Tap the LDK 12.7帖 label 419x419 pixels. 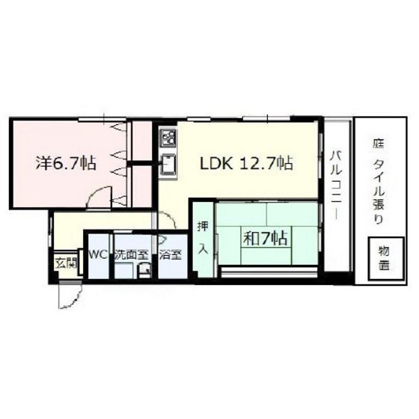pos(244,163)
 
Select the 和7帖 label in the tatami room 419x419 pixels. pos(266,239)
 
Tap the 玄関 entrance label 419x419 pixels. pos(65,263)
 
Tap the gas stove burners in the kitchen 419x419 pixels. pos(168,138)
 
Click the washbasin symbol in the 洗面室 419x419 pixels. pos(145,272)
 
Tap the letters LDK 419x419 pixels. pos(215,163)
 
